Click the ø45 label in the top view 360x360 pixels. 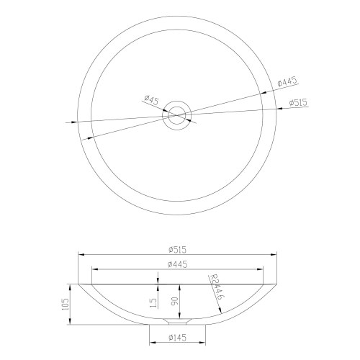[151, 99]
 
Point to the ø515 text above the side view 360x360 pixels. [177, 249]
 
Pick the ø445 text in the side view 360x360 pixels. [177, 264]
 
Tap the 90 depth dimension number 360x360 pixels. [174, 300]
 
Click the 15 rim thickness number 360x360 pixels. [153, 303]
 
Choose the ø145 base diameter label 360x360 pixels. [177, 337]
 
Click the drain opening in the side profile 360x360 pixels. [177, 317]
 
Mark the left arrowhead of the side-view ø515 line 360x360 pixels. [81, 254]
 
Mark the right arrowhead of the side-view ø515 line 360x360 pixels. [274, 254]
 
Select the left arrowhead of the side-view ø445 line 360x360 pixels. [94, 269]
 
